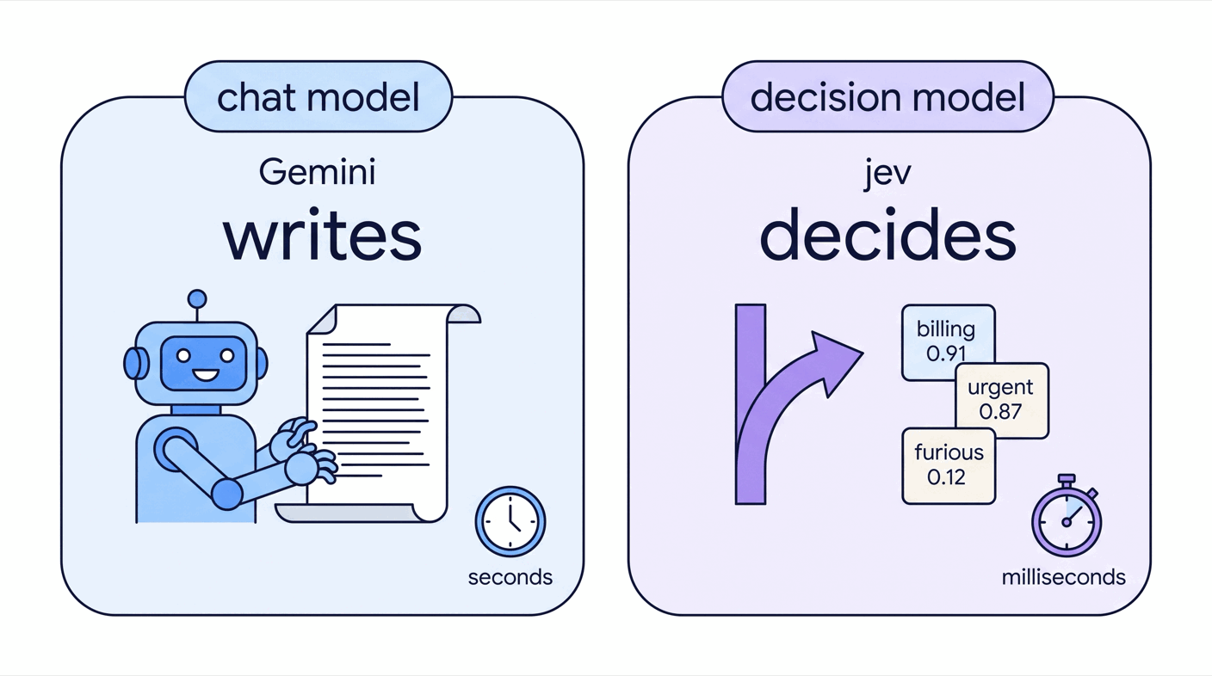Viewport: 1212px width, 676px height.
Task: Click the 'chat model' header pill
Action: (318, 97)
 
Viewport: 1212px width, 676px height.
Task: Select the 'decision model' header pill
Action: (887, 97)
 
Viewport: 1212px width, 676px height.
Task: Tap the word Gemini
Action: (317, 173)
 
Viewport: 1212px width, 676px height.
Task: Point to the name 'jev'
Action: (887, 173)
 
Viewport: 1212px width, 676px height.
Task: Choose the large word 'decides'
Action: (887, 234)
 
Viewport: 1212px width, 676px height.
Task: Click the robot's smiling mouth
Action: (206, 374)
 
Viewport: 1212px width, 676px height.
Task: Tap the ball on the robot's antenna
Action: (197, 299)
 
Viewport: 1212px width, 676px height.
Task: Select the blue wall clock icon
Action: (510, 521)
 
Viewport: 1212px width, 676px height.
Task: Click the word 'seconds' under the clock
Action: (510, 578)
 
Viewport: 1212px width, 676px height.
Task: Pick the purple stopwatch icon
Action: (1067, 517)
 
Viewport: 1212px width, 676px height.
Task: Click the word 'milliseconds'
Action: (1064, 578)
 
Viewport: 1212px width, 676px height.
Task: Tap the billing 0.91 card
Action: (948, 341)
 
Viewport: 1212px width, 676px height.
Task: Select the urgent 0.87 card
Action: (1001, 401)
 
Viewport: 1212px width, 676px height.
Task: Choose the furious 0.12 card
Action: (949, 466)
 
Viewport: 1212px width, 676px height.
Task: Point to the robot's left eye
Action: (183, 355)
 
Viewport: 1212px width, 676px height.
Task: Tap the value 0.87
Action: (1000, 412)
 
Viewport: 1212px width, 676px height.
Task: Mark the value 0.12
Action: (946, 477)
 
